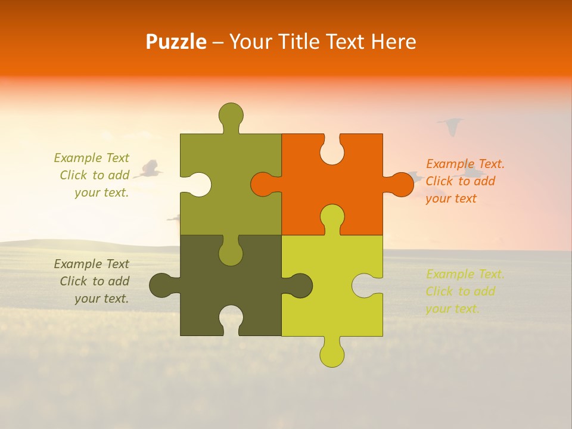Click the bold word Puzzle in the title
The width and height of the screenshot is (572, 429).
coord(176,42)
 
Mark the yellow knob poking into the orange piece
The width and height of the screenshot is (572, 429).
coord(332,217)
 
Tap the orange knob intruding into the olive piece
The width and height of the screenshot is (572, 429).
coord(263,184)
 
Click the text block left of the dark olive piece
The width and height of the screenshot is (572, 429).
coord(92,281)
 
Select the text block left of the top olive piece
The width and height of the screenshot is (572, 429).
coord(92,175)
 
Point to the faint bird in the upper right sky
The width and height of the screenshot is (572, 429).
coord(451,126)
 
